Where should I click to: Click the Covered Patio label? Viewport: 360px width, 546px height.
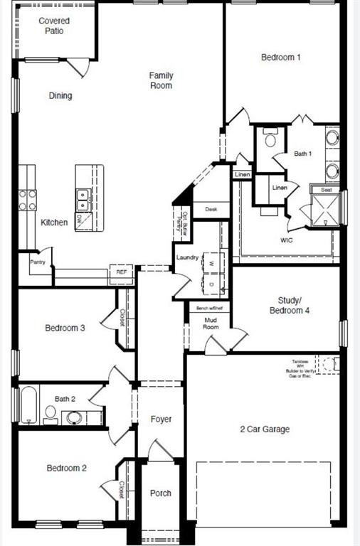click(54, 26)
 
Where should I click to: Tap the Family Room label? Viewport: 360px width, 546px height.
click(161, 80)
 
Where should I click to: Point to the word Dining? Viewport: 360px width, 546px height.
click(60, 96)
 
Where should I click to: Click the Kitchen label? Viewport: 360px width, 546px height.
click(54, 223)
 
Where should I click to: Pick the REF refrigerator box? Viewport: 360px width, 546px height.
click(121, 272)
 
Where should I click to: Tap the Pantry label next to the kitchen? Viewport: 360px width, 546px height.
click(38, 262)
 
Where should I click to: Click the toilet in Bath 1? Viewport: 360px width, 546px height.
click(270, 139)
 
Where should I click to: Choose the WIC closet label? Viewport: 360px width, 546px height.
click(287, 240)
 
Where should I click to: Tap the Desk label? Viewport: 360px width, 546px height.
click(211, 209)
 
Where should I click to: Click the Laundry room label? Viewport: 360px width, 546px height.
click(188, 257)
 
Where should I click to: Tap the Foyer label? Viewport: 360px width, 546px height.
click(161, 419)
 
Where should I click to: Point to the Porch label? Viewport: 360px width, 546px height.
click(161, 493)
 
